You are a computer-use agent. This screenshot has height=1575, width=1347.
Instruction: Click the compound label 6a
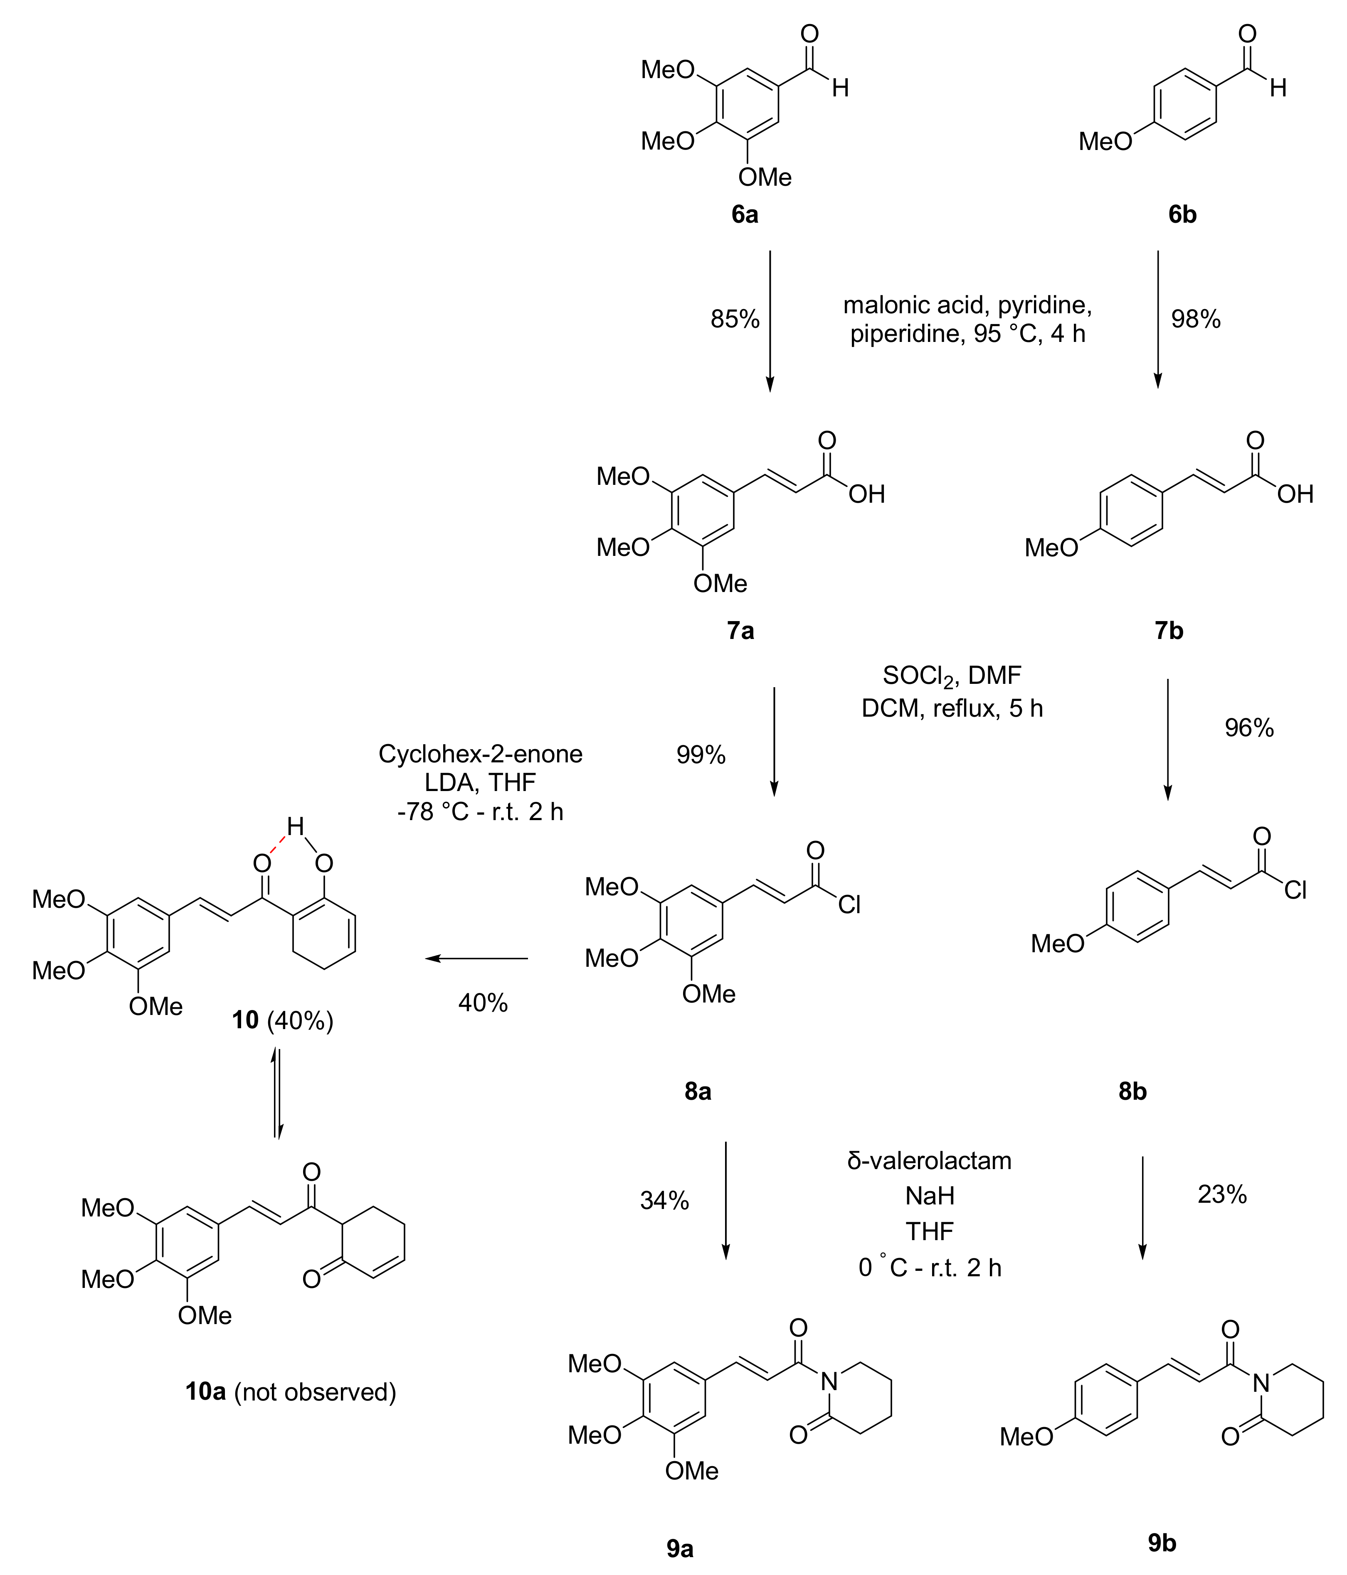(x=745, y=215)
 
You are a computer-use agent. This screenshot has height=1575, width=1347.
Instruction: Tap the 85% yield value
(x=735, y=319)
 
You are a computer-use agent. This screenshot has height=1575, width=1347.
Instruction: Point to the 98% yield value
(x=1196, y=319)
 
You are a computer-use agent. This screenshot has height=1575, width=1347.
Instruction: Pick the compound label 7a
(x=740, y=630)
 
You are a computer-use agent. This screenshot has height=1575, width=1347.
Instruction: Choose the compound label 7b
(x=1169, y=630)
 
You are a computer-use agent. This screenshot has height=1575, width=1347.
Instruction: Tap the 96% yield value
(x=1249, y=728)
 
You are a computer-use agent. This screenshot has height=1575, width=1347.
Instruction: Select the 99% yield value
(x=701, y=755)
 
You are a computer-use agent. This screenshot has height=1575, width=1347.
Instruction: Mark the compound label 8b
(x=1132, y=1091)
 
